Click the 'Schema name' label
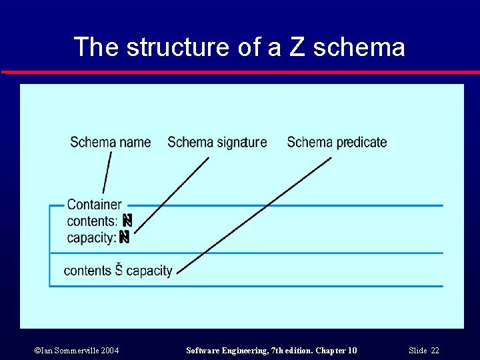pos(110,142)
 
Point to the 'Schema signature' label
pos(217,142)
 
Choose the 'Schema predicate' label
pos(337,142)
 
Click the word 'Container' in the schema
pos(94,205)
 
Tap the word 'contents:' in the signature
pos(92,221)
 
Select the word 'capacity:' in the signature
pos(91,237)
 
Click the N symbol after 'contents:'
pos(127,220)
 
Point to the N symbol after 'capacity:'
pos(124,237)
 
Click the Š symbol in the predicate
pos(119,270)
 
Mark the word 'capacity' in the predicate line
pos(149,271)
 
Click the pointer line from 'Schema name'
pos(107,173)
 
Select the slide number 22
pos(435,351)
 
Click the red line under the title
pos(240,72)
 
